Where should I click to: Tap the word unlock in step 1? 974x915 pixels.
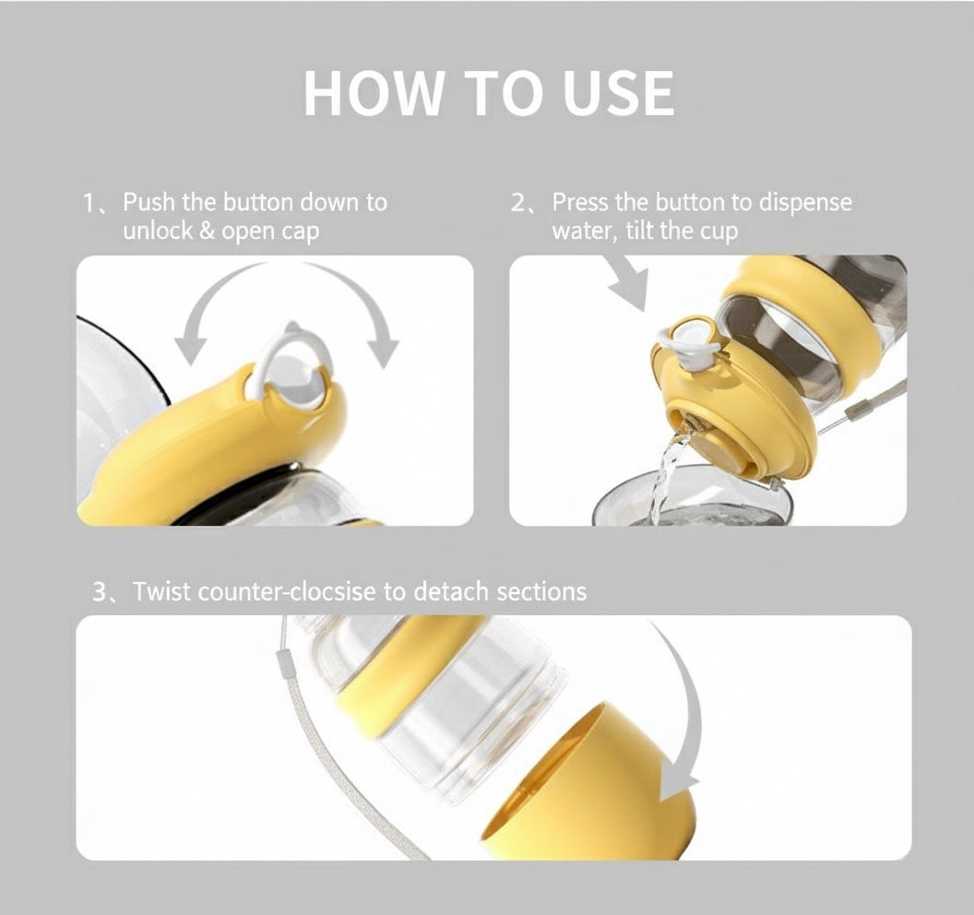click(x=157, y=231)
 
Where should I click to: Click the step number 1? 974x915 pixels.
click(x=90, y=203)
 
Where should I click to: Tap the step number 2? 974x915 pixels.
click(x=518, y=203)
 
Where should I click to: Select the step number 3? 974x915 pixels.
click(x=100, y=591)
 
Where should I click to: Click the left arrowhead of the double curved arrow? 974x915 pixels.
click(x=190, y=350)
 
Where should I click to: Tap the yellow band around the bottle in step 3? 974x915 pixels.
click(x=406, y=669)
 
